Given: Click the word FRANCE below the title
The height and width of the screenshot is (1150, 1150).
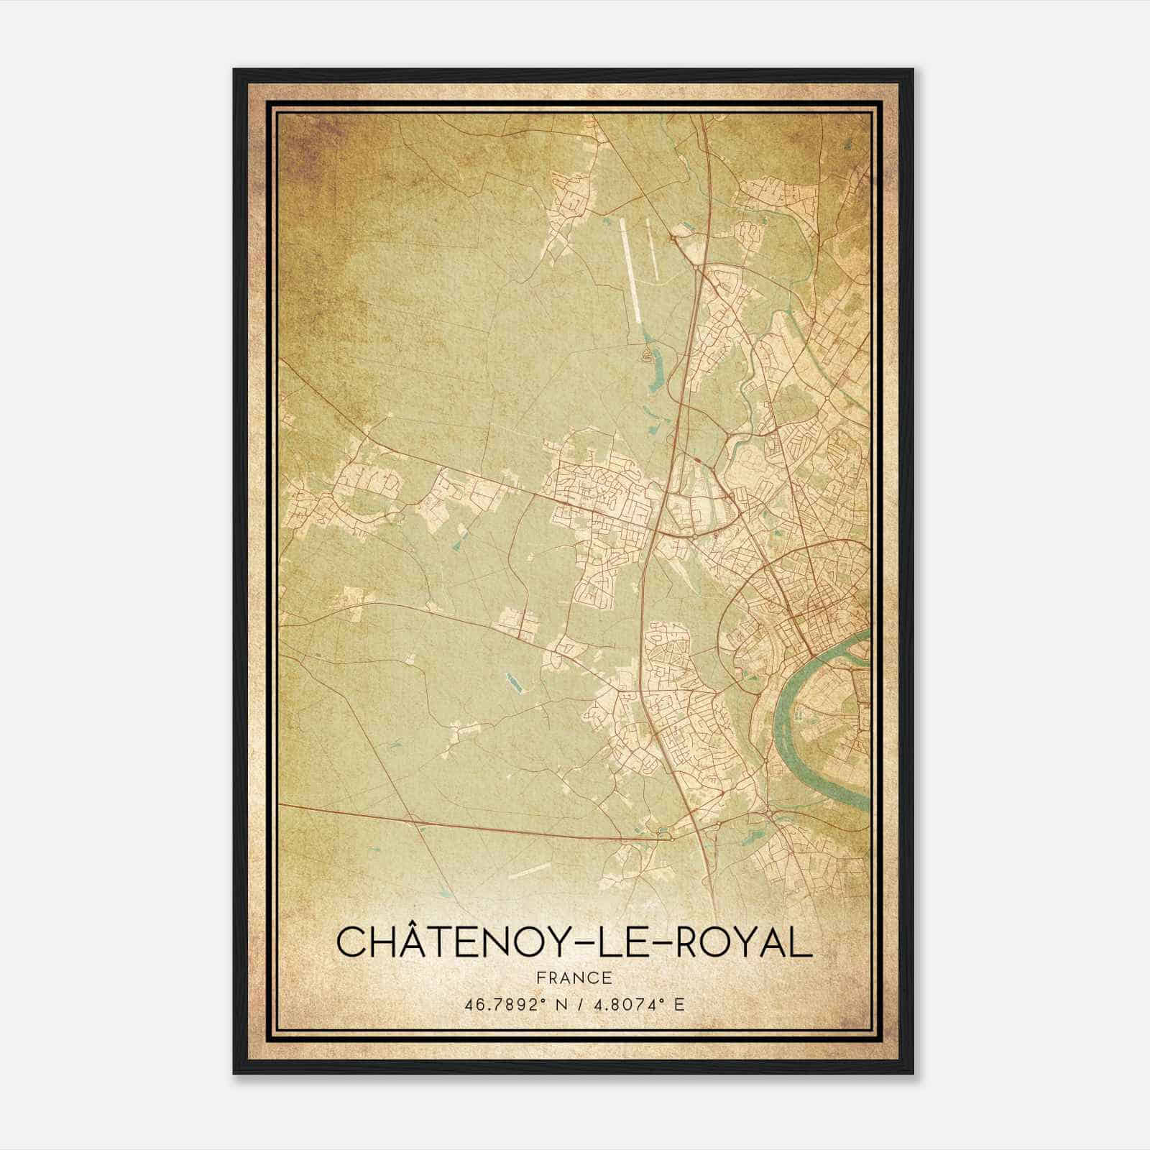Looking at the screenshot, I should click(574, 977).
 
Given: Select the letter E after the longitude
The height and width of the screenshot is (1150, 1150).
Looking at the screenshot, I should click(679, 1004).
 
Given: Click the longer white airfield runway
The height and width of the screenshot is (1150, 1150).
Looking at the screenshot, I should click(630, 270).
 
